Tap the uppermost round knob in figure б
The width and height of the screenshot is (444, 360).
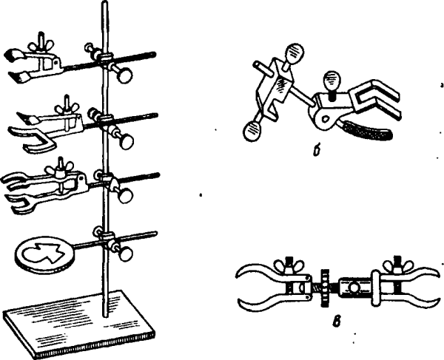pyautogui.click(x=295, y=52)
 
